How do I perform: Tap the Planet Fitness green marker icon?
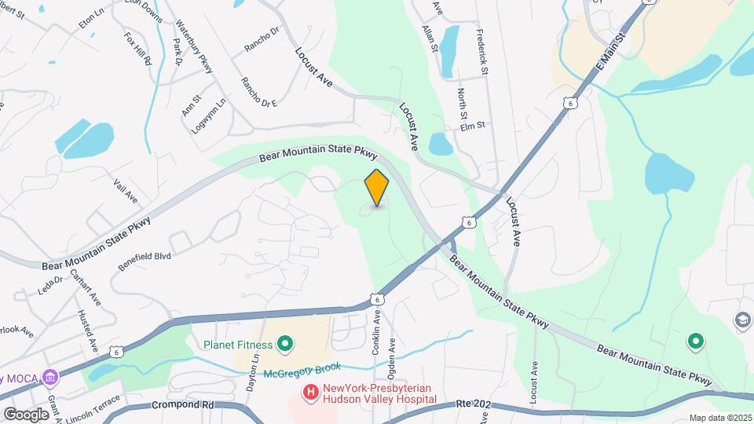pos(285,344)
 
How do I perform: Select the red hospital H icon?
pos(310,391)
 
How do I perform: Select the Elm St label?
pos(473,125)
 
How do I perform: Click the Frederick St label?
pos(482,53)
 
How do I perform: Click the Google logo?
pos(26,414)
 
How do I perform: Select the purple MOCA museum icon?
pos(52,377)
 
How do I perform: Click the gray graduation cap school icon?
pos(742,319)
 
